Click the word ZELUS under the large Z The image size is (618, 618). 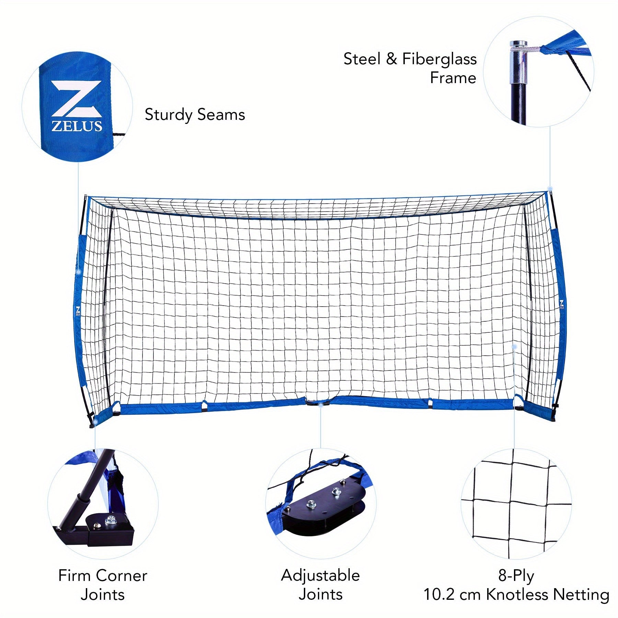pos(77,126)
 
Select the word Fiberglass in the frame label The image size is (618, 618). pos(439,59)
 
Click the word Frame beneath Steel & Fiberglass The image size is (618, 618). pos(453,78)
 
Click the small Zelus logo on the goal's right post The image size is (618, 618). pos(562,305)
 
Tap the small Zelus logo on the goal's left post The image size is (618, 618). pos(78,311)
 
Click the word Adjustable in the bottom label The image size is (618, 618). pos(320,576)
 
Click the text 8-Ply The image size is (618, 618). pos(516,576)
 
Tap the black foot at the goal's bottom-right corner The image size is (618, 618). pos(553,417)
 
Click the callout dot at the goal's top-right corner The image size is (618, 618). pos(550,188)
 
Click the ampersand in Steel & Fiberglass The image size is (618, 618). pos(391,59)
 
